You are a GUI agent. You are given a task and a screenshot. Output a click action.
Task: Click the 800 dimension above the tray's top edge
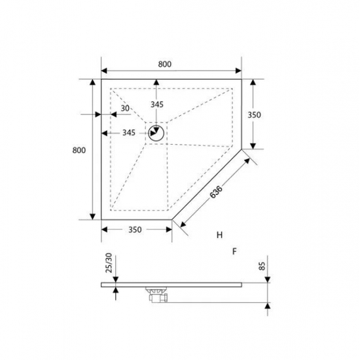click(164, 63)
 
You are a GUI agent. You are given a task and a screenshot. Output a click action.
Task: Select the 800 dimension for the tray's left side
click(79, 150)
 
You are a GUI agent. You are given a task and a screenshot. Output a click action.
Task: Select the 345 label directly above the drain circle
click(156, 104)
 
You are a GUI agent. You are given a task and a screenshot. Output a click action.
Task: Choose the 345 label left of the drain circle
click(128, 133)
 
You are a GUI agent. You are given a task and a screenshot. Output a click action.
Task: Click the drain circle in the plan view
click(156, 134)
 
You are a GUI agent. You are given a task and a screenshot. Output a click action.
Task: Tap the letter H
click(220, 234)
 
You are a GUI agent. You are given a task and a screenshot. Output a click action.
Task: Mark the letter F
click(233, 251)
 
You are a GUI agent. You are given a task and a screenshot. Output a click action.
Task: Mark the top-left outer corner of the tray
click(101, 79)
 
